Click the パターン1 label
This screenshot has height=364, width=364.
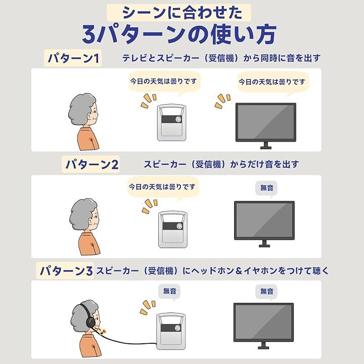(x=73, y=58)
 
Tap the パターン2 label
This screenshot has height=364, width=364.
(x=91, y=164)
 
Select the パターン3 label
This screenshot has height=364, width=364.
(x=65, y=270)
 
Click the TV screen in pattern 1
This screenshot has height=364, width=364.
(x=266, y=122)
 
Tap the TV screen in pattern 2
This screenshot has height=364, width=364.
(x=264, y=220)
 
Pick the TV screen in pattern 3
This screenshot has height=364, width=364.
(x=263, y=322)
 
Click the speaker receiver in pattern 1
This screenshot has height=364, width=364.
(x=171, y=122)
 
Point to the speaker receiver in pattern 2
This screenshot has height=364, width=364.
(x=173, y=230)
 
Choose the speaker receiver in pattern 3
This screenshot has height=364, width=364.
(x=171, y=331)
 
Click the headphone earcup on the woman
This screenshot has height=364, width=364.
(x=90, y=322)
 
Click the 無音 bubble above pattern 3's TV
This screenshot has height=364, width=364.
(x=266, y=292)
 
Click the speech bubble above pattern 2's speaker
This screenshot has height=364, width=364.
(x=163, y=188)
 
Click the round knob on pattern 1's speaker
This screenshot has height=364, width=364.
(x=178, y=119)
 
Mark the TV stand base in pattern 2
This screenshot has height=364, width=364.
(x=264, y=246)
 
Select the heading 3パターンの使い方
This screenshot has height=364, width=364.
(x=179, y=35)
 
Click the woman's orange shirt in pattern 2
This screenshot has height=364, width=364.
(x=89, y=244)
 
